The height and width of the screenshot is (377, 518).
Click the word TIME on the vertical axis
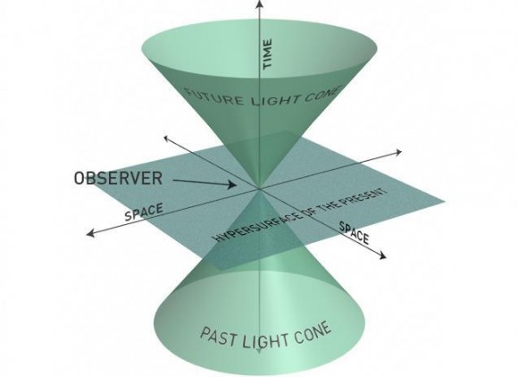(x=267, y=54)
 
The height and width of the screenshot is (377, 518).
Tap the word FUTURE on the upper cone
(x=214, y=96)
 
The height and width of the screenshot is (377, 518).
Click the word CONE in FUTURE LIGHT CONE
(x=320, y=93)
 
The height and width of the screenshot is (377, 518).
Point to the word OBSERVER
(x=118, y=178)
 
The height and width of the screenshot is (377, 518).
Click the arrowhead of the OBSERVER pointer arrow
(x=232, y=185)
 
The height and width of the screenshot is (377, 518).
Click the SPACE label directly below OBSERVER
(x=144, y=213)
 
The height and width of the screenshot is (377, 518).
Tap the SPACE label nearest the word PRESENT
(x=355, y=233)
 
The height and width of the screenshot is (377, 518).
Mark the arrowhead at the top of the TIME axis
(x=260, y=4)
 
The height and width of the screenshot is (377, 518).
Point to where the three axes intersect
(x=260, y=189)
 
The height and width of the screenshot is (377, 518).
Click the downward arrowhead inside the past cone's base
(x=259, y=352)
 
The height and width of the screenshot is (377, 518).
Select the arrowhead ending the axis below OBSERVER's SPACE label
(x=90, y=233)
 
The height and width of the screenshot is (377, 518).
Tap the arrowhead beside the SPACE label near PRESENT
(x=382, y=256)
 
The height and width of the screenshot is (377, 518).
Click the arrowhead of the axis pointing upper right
(x=398, y=153)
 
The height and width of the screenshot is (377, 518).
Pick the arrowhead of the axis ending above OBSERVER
(x=166, y=138)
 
